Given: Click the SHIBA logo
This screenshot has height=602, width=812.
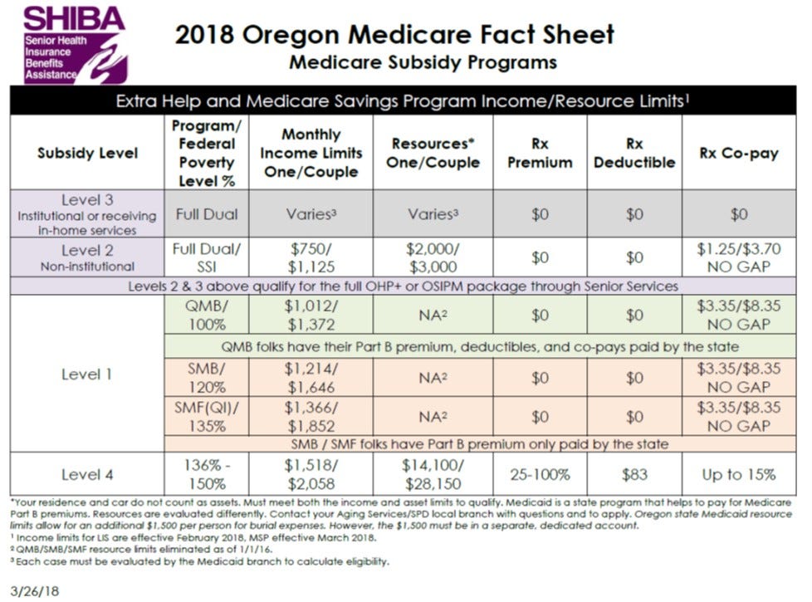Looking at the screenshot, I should click(74, 43).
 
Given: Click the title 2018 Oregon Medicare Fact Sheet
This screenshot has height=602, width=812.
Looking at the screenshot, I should click(394, 35).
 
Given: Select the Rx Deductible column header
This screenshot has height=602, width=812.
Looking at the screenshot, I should click(634, 153).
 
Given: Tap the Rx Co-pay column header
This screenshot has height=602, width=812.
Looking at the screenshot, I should click(738, 153).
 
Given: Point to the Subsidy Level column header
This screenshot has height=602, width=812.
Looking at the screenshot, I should click(87, 153).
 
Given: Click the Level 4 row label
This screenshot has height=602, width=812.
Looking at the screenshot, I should click(87, 474).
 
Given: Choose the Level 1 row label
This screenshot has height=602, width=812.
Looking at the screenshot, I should click(87, 374).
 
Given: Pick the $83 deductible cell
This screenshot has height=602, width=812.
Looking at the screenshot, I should click(634, 474).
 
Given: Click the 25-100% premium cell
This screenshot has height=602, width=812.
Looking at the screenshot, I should click(540, 474).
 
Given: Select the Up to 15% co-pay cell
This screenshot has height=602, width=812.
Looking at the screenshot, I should click(738, 474).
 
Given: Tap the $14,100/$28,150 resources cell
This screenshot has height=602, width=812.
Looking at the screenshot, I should click(433, 474).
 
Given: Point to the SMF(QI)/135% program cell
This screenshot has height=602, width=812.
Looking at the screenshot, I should click(207, 416).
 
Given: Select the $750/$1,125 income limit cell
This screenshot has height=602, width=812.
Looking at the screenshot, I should click(311, 257).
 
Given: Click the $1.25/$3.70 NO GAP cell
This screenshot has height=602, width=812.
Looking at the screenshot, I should click(738, 257).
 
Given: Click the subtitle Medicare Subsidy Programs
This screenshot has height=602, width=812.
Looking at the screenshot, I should click(423, 62).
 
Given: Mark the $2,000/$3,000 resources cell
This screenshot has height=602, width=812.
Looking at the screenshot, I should click(433, 257).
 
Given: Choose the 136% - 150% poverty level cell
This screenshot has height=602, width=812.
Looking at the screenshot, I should click(207, 474).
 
